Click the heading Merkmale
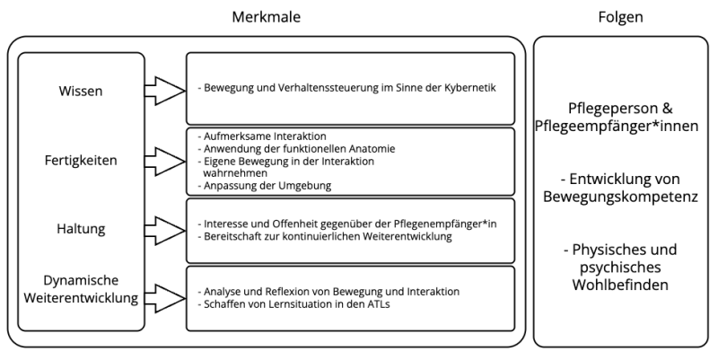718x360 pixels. tap(266, 17)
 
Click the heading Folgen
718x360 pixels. tap(620, 17)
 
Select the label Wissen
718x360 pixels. tap(81, 91)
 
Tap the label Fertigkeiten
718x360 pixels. tap(81, 161)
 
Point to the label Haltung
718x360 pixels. tap(81, 229)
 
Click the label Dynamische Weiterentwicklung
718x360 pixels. tap(81, 289)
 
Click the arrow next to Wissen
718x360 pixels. tap(165, 91)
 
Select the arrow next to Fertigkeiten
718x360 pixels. tap(165, 162)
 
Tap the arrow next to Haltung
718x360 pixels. tap(165, 231)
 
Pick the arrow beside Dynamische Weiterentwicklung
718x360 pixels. tap(165, 299)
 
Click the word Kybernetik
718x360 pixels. tap(469, 87)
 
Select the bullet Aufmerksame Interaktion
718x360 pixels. tap(262, 136)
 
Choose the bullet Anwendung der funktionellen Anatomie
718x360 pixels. tap(296, 149)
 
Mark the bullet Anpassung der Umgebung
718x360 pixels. tap(265, 186)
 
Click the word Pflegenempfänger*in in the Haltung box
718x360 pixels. tap(445, 224)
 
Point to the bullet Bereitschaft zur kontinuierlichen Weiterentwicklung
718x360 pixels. tap(325, 236)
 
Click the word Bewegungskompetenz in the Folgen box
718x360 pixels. tap(620, 197)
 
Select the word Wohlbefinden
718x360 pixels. tap(620, 285)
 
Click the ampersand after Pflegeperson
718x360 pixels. tap(668, 108)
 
